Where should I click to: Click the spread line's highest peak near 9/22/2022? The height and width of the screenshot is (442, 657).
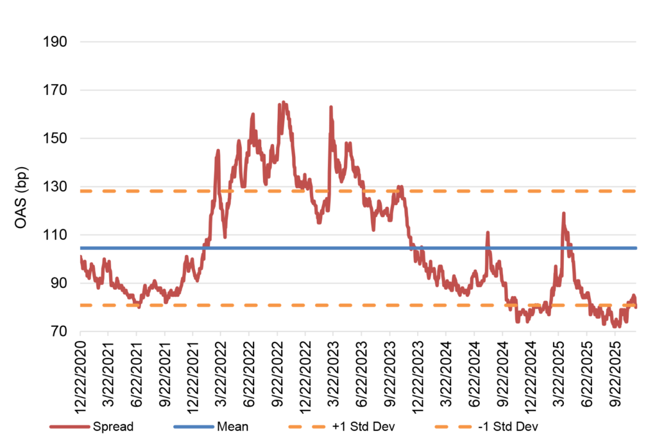click(x=283, y=102)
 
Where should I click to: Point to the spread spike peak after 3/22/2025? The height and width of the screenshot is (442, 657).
click(x=563, y=213)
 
